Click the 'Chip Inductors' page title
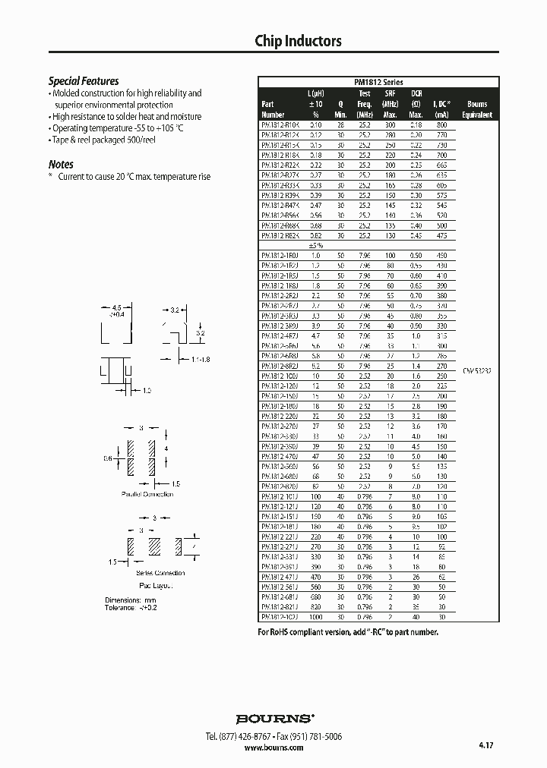(x=298, y=42)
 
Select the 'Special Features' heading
(x=84, y=81)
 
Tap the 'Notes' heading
(x=61, y=164)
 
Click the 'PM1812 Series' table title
(x=378, y=82)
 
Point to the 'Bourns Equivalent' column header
(x=477, y=109)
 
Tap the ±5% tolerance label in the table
(x=315, y=245)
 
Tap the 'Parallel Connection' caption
(x=147, y=494)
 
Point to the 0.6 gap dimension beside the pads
(x=109, y=458)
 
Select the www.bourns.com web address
(x=273, y=748)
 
